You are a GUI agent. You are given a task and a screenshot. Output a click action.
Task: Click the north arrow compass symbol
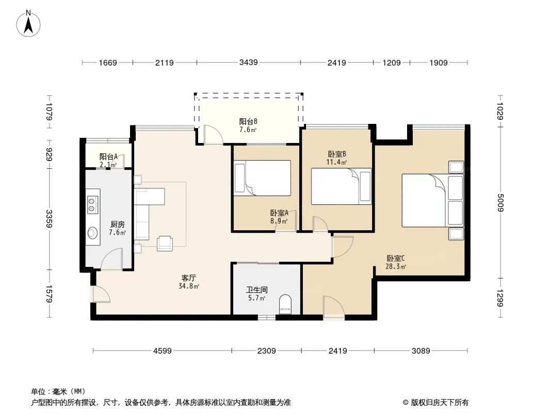pyautogui.click(x=28, y=24)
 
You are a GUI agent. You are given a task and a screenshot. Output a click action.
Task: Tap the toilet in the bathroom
pyautogui.click(x=285, y=304)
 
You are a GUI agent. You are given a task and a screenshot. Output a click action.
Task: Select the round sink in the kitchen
pyautogui.click(x=92, y=233)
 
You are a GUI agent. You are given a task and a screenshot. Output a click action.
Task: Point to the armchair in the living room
pyautogui.click(x=165, y=243)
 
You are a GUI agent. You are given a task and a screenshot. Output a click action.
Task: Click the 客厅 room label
pyautogui.click(x=189, y=278)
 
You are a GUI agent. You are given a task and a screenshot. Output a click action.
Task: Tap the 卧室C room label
pyautogui.click(x=396, y=258)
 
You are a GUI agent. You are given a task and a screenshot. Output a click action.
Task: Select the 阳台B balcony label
pyautogui.click(x=248, y=121)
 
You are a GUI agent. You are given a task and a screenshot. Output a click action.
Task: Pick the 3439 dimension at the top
pyautogui.click(x=248, y=62)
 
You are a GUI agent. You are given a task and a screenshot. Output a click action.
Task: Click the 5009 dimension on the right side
pyautogui.click(x=500, y=203)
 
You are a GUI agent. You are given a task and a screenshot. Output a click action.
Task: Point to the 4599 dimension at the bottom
pyautogui.click(x=163, y=351)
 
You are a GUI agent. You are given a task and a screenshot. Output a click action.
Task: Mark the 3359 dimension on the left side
pyautogui.click(x=49, y=218)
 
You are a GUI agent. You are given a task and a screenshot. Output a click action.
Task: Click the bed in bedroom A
pyautogui.click(x=263, y=178)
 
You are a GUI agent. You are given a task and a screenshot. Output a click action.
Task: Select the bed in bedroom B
pyautogui.click(x=341, y=186)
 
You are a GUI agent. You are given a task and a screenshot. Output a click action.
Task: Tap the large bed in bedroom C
pyautogui.click(x=432, y=200)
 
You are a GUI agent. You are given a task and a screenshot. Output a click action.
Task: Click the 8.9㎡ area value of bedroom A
pyautogui.click(x=279, y=221)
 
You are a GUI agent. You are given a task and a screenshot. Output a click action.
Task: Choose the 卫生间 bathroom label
pyautogui.click(x=257, y=290)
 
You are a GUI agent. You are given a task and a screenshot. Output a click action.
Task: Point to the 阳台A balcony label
pyautogui.click(x=108, y=156)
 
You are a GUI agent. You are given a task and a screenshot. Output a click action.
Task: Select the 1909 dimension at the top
pyautogui.click(x=439, y=62)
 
